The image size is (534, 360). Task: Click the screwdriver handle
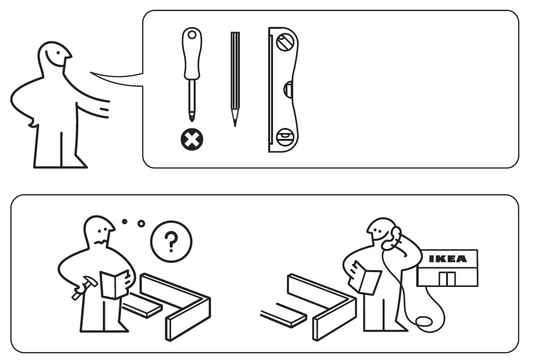pos(191,53)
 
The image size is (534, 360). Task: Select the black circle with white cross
pos(192,140)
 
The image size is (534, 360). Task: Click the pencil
pos(235,77)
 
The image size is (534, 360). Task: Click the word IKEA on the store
pos(447,259)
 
